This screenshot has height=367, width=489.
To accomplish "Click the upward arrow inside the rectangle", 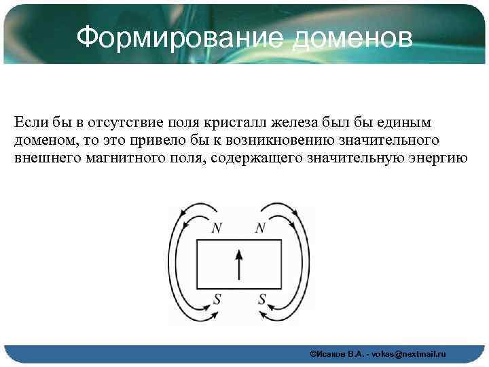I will point(238,264).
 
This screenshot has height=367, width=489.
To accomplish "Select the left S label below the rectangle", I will point(217,298).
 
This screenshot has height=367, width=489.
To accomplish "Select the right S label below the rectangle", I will point(261,298).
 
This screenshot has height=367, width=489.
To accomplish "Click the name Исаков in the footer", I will point(331,354).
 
